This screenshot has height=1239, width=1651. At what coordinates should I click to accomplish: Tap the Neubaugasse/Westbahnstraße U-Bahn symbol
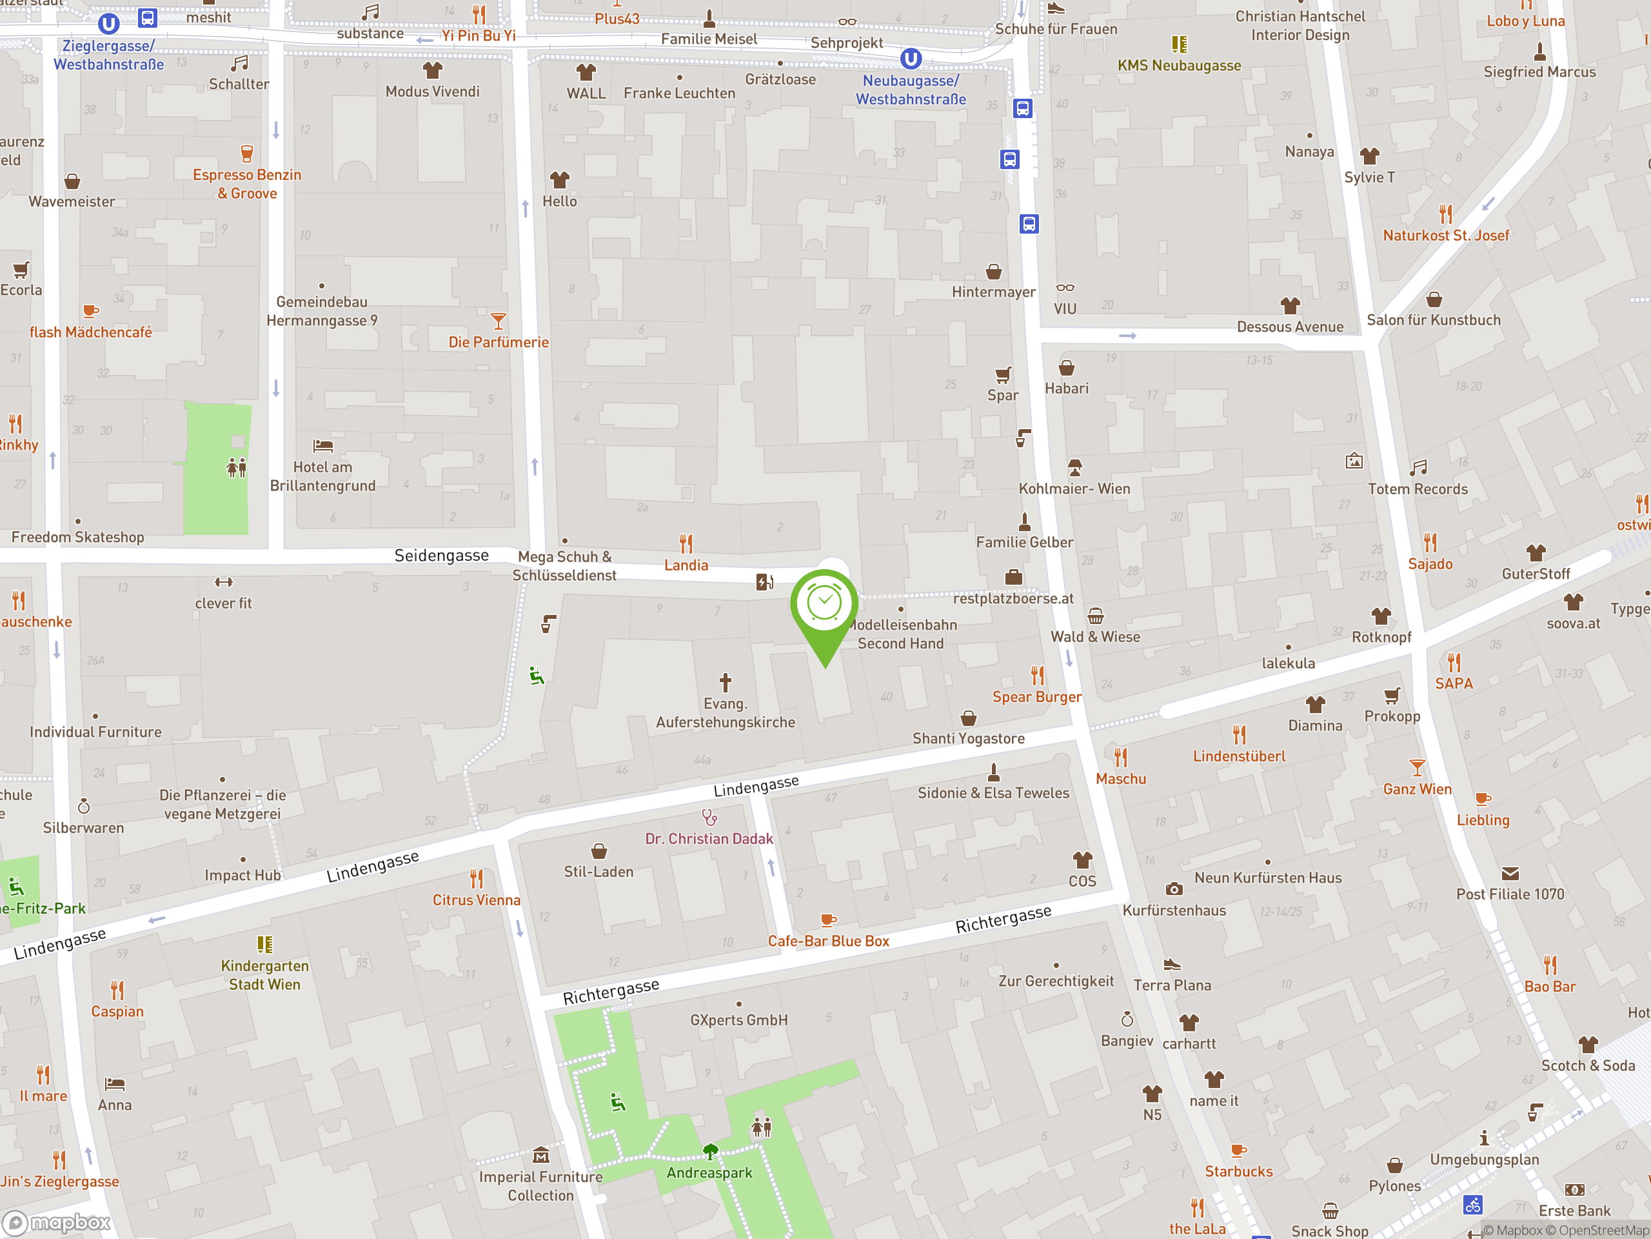coord(911,58)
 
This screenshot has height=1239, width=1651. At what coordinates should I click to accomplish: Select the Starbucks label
coord(1238,1171)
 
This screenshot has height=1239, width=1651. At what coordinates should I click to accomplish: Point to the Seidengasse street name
coord(441,555)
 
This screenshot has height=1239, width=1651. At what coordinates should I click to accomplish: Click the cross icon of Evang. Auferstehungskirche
coord(725,682)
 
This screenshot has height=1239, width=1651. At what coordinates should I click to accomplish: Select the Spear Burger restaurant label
coord(1037,697)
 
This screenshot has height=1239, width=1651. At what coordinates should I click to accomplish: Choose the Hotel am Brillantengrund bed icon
coord(322,446)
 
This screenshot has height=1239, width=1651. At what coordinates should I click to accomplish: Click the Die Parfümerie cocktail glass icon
coord(498,321)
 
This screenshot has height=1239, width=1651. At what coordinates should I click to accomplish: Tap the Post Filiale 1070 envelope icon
coord(1510,873)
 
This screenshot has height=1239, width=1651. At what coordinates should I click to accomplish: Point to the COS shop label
coord(1082,881)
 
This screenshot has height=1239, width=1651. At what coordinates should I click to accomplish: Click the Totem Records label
coord(1418,489)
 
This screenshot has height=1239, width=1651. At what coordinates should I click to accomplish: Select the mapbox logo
coord(57,1223)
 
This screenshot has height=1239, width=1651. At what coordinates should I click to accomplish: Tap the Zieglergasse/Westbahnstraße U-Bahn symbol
coord(109,24)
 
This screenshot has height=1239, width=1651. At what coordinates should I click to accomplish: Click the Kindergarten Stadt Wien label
coord(264,974)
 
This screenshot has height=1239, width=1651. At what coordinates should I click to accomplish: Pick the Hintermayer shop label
coord(993,292)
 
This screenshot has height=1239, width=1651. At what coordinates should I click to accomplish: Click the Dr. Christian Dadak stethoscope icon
coord(709,817)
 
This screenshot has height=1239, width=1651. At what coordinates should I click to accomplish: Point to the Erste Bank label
coord(1575,1211)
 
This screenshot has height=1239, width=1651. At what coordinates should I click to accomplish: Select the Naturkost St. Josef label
coord(1446,236)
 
